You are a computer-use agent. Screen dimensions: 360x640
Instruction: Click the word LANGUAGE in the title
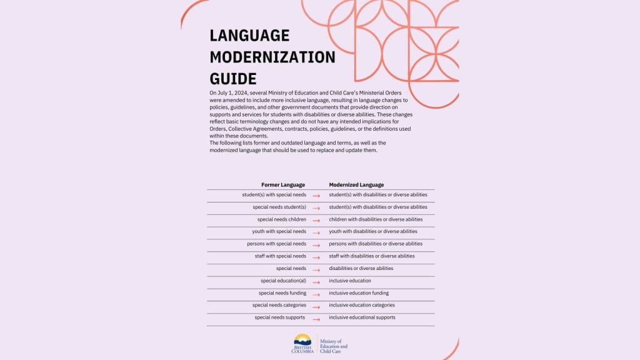click(250, 35)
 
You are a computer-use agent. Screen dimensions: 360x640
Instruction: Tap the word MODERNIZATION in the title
click(272, 57)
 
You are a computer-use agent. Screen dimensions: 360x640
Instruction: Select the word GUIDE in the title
click(233, 79)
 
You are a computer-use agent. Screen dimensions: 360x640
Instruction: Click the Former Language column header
click(283, 185)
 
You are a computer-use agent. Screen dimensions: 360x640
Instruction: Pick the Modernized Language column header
click(356, 185)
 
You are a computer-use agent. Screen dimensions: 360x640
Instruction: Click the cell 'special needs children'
click(281, 219)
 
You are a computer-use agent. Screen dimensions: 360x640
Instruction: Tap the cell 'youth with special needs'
click(279, 231)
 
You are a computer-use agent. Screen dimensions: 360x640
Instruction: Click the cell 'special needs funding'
click(282, 292)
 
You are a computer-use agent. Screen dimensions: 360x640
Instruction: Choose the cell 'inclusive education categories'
click(362, 305)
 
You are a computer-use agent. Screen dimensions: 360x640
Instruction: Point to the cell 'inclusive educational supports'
click(362, 317)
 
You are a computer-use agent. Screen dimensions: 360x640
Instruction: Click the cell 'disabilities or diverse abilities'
click(361, 268)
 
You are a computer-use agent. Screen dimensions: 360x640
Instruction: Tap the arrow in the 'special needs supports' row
click(316, 319)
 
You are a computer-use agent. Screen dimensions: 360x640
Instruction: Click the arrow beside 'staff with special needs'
click(316, 257)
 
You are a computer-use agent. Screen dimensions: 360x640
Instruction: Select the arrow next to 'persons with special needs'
click(316, 245)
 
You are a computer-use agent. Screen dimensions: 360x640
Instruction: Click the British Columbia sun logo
click(302, 340)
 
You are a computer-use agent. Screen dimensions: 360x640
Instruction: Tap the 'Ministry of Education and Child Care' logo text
click(333, 346)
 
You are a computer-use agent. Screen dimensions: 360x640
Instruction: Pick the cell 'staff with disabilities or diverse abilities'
click(372, 256)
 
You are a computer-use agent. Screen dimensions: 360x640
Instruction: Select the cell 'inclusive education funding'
click(359, 292)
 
